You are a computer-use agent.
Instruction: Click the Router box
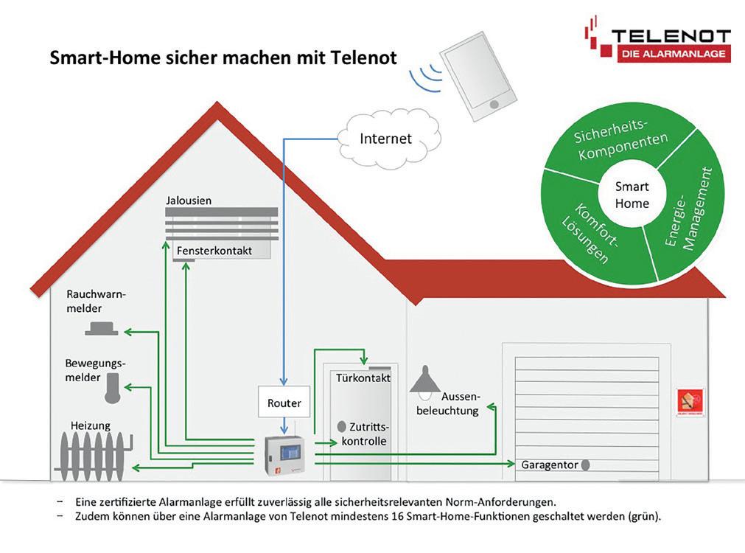(x=284, y=403)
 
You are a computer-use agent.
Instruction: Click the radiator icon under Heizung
(x=92, y=452)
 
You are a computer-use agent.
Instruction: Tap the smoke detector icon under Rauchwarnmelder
(x=101, y=329)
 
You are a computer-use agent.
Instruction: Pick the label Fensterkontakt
(x=214, y=251)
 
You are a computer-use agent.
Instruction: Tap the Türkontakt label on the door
(x=361, y=378)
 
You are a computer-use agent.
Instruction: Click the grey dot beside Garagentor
(x=585, y=465)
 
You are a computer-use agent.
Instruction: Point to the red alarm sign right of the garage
(x=690, y=402)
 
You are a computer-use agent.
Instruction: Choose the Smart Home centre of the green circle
(x=632, y=195)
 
